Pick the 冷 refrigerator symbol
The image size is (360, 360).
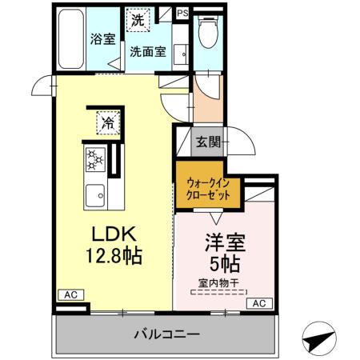tap(106, 123)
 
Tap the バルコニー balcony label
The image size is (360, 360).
tap(167, 334)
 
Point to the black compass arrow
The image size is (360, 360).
tap(319, 340)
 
